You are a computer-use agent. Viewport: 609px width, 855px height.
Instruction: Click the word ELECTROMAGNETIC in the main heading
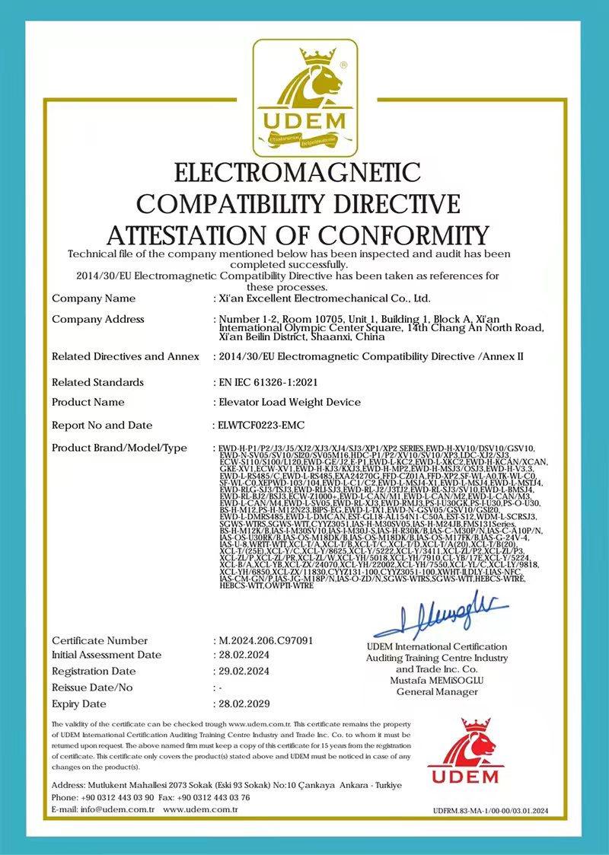(x=298, y=174)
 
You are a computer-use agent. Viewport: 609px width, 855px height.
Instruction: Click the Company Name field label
(x=94, y=298)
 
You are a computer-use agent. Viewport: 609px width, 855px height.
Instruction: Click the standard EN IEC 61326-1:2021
(x=267, y=382)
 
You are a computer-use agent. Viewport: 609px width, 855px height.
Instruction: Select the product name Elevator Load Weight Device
(x=285, y=403)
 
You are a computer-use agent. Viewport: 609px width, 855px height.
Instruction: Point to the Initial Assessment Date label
(x=107, y=655)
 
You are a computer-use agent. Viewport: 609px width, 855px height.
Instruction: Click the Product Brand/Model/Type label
(x=120, y=448)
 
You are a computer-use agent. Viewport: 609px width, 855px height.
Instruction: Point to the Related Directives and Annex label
(x=125, y=356)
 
